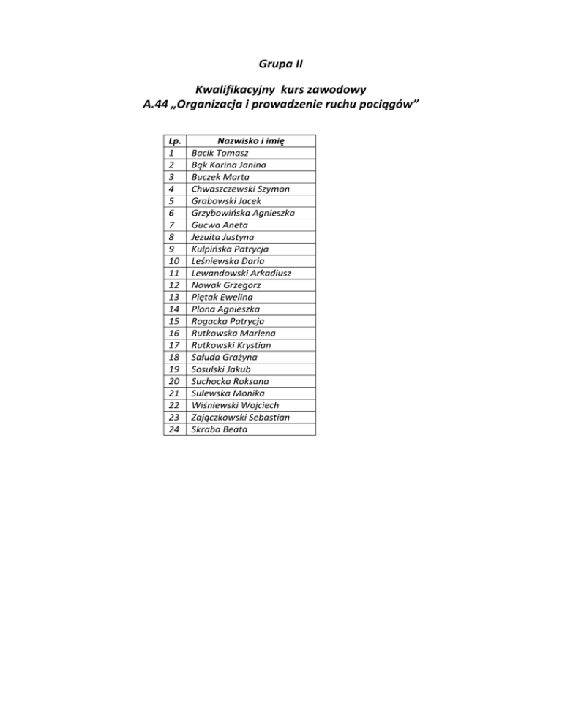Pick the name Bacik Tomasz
point(220,153)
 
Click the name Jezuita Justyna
point(223,237)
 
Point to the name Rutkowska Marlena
point(231,333)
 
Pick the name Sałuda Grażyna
point(224,357)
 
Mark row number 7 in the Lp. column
point(171,225)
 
